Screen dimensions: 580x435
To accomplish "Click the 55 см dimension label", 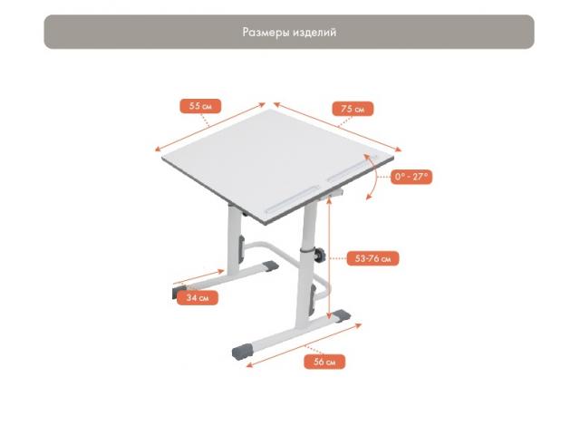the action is click(x=200, y=106).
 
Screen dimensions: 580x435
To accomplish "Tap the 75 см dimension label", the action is click(x=353, y=109).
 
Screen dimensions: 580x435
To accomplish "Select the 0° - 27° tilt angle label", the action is click(x=411, y=177).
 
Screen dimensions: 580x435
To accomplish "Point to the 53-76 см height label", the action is click(x=372, y=258).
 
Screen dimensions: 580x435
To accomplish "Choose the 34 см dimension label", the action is click(x=198, y=298).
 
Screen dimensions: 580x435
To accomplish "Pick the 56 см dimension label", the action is click(x=324, y=362).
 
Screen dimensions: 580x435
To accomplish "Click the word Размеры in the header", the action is click(x=266, y=33).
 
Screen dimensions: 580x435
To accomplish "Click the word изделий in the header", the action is click(x=314, y=33).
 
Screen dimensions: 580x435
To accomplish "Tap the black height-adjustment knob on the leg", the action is click(x=320, y=255).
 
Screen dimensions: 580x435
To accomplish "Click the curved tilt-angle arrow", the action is click(x=376, y=177).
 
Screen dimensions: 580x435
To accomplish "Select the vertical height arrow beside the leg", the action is click(x=329, y=257).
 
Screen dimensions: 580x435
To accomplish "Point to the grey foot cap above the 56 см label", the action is click(x=242, y=352).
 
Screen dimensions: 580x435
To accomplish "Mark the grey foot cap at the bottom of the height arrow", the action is click(x=341, y=316).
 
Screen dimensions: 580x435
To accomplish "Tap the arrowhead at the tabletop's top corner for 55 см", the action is click(x=263, y=105).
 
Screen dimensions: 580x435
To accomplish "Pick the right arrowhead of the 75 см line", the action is click(x=398, y=150).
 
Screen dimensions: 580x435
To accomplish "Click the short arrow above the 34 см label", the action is click(x=199, y=278).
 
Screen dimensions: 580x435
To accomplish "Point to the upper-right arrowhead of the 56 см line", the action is click(x=359, y=325).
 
